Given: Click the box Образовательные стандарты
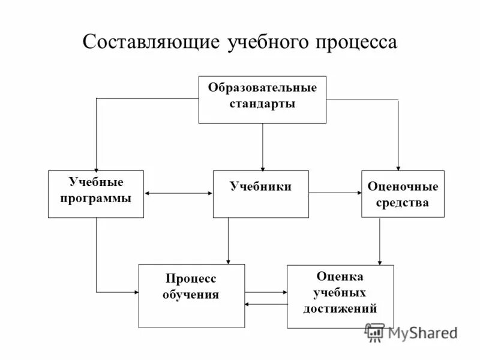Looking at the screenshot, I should click(x=262, y=100).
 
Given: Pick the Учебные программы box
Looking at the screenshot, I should click(x=96, y=194).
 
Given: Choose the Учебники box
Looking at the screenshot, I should click(x=261, y=194).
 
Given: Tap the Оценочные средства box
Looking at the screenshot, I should click(x=403, y=194).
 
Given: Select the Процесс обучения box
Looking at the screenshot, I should click(x=191, y=296).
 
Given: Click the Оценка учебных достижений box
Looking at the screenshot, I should click(x=340, y=296).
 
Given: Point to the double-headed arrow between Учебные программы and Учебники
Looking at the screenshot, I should click(x=178, y=193).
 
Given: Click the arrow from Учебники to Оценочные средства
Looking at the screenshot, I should click(x=335, y=193).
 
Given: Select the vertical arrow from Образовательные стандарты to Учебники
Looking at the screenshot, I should click(x=262, y=147).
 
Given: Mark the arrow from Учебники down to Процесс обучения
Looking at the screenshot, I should click(x=228, y=240).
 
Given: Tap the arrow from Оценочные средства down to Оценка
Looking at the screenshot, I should click(x=379, y=240).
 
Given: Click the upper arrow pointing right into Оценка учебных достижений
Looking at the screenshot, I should click(x=266, y=292).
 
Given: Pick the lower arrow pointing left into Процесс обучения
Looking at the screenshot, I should click(x=266, y=304).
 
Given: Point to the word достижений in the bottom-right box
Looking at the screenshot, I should click(x=340, y=309).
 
